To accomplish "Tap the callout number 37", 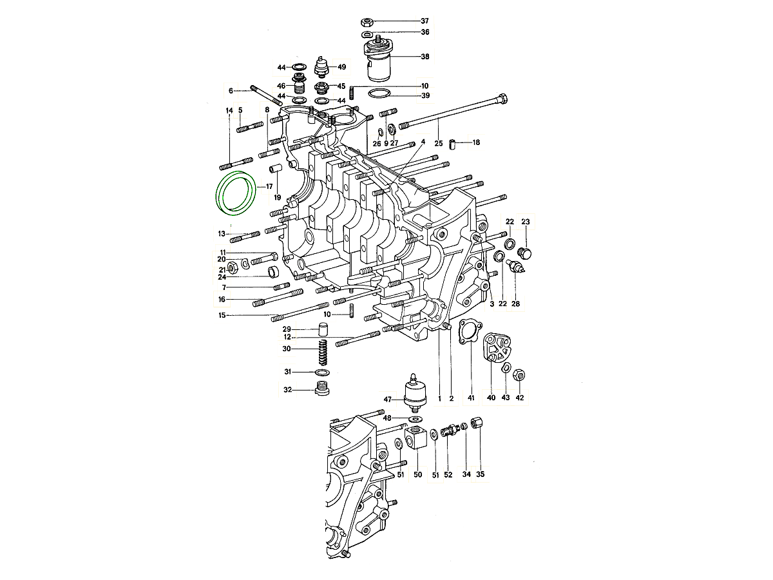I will (x=425, y=21).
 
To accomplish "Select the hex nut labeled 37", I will (x=368, y=21).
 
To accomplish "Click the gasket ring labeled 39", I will (x=380, y=95).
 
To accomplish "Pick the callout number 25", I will (x=439, y=143).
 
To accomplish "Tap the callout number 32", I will (x=288, y=389).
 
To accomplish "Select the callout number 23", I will (x=525, y=222).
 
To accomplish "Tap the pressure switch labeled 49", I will (x=323, y=66).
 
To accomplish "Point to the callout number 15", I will (x=222, y=316).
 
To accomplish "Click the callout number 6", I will (x=230, y=90).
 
